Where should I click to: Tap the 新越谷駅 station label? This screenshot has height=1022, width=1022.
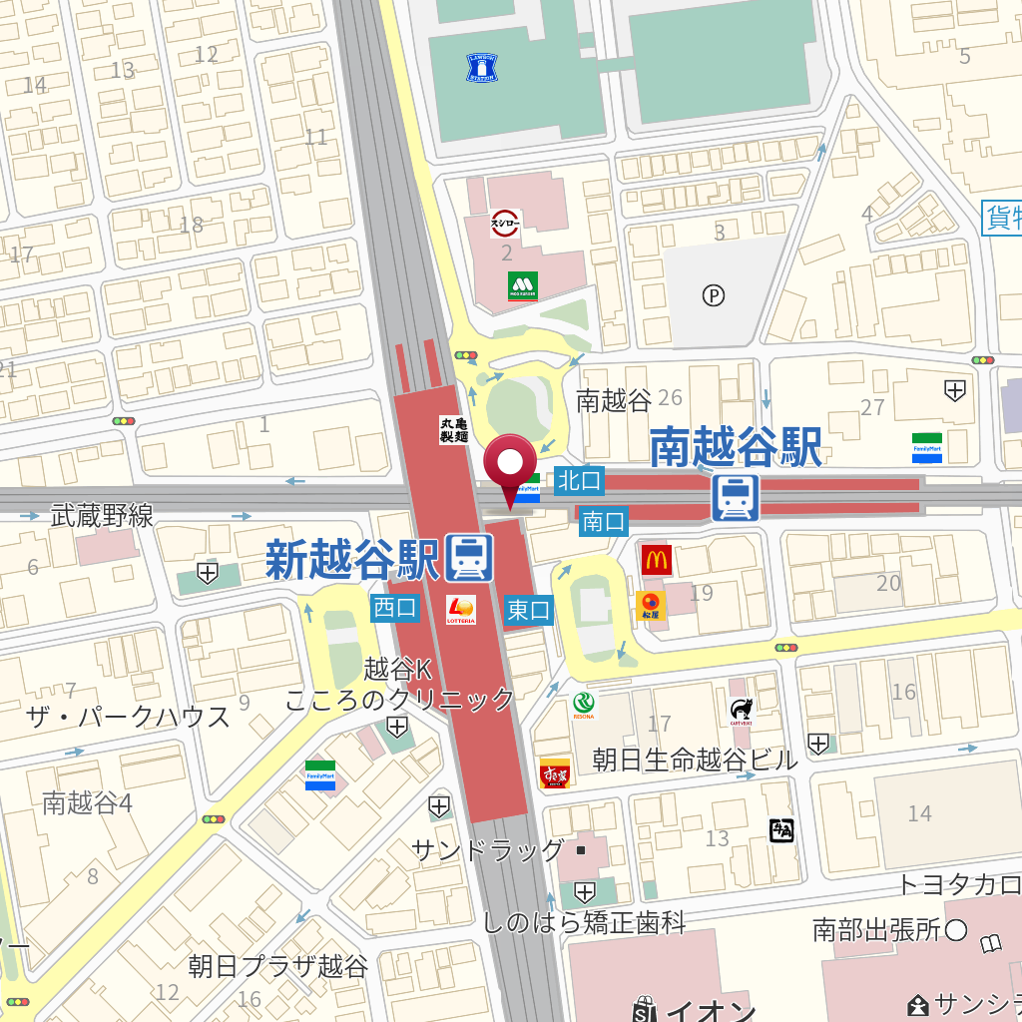352,559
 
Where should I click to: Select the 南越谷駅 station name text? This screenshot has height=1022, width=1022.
736,448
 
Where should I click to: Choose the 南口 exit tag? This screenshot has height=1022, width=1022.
603,520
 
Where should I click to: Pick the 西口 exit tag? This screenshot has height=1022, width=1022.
395,608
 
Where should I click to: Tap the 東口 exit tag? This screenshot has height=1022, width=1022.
528,610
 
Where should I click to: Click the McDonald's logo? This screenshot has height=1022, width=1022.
656,560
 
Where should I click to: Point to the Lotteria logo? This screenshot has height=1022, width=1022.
461,609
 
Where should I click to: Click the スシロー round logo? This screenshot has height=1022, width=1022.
506,224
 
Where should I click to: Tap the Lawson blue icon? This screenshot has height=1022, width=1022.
481,68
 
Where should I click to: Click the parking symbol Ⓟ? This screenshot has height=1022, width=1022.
713,295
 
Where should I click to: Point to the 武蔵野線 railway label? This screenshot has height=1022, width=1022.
102,515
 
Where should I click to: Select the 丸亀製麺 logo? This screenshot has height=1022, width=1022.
454,430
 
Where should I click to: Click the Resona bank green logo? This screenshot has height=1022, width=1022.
583,706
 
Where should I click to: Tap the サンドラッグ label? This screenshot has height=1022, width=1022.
488,849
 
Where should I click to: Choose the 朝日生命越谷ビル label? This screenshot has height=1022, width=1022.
695,760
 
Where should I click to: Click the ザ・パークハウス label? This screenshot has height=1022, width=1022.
128,717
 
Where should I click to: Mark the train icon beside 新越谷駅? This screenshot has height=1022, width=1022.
469,558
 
